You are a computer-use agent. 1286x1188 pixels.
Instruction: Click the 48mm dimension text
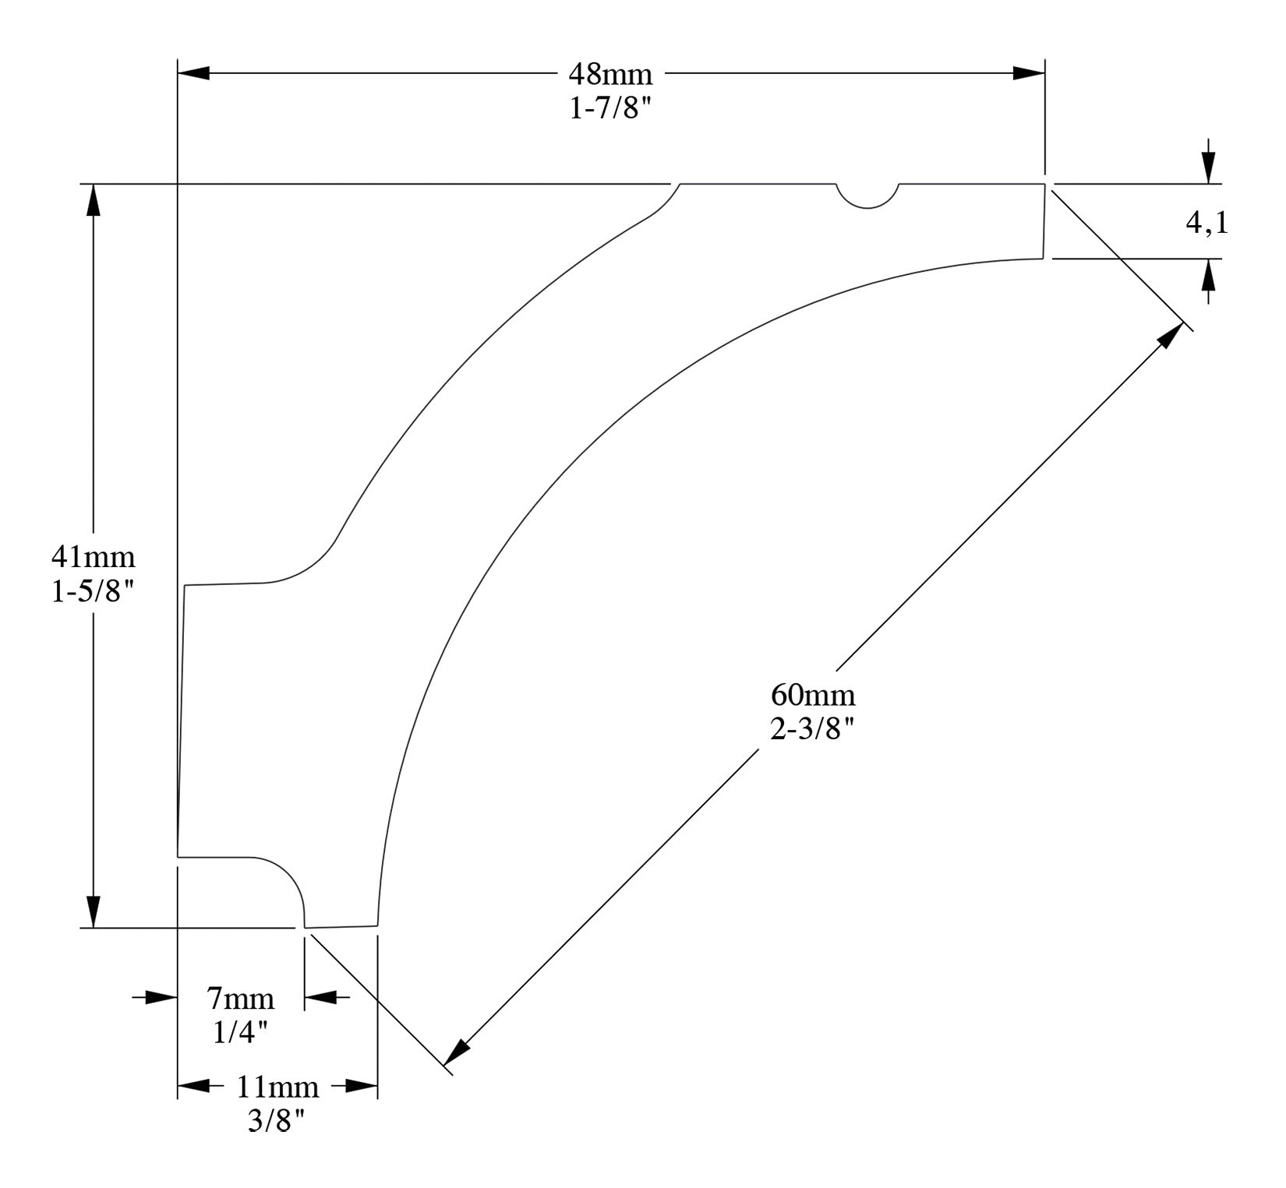(609, 75)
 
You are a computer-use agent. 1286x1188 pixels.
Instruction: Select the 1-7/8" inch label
(609, 108)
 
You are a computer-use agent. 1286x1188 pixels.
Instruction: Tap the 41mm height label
(93, 557)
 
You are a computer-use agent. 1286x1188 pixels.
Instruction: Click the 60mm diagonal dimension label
(812, 693)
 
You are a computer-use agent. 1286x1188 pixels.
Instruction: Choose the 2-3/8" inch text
(812, 729)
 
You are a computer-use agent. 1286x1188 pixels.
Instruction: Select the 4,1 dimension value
(1207, 224)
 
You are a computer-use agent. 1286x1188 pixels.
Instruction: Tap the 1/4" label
(240, 1032)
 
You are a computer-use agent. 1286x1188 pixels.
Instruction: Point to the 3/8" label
(277, 1122)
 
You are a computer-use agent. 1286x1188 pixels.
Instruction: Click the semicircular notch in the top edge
(867, 196)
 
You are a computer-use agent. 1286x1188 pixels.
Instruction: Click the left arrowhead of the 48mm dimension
(194, 74)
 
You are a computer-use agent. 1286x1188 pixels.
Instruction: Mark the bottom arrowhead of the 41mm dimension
(94, 911)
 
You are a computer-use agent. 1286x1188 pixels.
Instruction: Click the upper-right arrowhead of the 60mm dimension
(1171, 337)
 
